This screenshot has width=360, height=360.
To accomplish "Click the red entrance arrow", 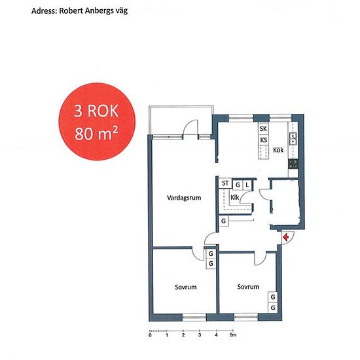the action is (x=285, y=237).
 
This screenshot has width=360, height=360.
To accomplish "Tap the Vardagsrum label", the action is (x=184, y=198).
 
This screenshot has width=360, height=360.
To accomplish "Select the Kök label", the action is (x=278, y=150).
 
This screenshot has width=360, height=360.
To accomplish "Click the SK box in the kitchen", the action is (x=263, y=129).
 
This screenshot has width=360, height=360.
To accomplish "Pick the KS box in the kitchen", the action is (x=263, y=140).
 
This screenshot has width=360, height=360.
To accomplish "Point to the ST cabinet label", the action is (x=225, y=183).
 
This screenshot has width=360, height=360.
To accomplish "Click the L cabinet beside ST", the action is (x=247, y=185).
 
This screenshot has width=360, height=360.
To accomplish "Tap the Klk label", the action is (x=234, y=198).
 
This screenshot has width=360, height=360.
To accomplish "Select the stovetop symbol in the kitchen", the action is (x=293, y=164).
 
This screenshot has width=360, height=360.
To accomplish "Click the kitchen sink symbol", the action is (x=293, y=139).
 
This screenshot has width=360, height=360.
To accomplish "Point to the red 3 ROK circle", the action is (x=97, y=122).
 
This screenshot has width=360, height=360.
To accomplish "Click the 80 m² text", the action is (x=96, y=134).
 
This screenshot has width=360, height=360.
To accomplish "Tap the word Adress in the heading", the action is (x=44, y=10).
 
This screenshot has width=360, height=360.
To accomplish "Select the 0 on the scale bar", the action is (x=150, y=335).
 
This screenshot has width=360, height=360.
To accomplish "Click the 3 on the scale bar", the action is (x=200, y=335).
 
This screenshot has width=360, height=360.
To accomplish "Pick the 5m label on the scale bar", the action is (x=233, y=335).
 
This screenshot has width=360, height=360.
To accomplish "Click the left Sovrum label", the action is (x=186, y=287).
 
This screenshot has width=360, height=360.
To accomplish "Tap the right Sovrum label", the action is (x=248, y=287).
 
